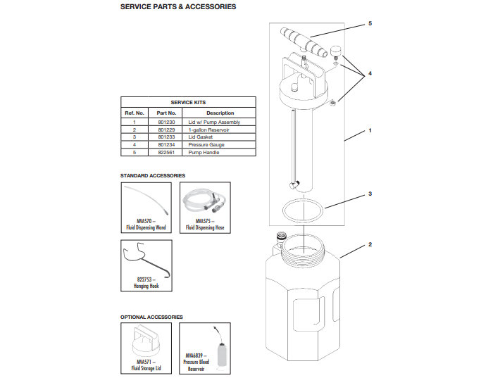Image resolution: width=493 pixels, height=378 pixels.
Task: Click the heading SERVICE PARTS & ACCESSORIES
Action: pyautogui.click(x=178, y=7)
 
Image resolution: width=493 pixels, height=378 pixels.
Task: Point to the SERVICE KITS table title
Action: pyautogui.click(x=188, y=103)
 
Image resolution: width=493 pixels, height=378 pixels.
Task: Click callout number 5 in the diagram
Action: pyautogui.click(x=370, y=24)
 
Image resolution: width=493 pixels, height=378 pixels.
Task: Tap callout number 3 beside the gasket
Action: pyautogui.click(x=370, y=193)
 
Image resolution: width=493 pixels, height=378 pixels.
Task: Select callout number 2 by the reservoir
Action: pyautogui.click(x=370, y=245)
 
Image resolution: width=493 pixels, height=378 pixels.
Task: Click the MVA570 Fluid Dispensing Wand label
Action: pyautogui.click(x=146, y=225)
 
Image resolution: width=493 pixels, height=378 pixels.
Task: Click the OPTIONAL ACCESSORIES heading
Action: pyautogui.click(x=151, y=317)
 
